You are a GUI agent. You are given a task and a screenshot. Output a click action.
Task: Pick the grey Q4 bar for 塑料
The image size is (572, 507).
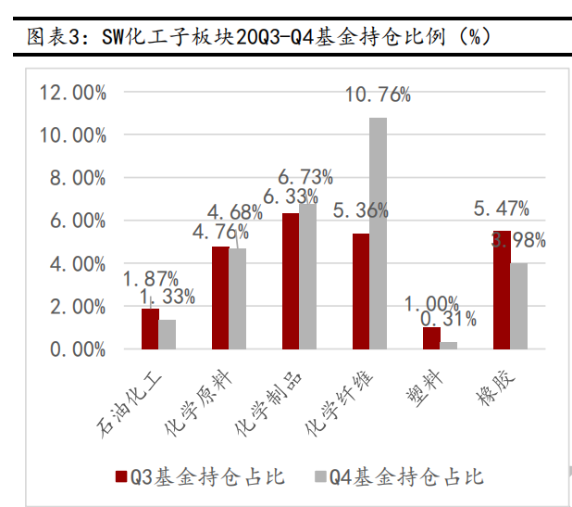[448, 345]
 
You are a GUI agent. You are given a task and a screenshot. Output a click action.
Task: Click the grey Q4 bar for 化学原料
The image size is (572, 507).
[238, 298]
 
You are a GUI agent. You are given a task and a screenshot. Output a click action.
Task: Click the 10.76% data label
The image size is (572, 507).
[377, 94]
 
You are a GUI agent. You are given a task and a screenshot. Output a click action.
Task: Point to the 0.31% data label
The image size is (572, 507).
[448, 320]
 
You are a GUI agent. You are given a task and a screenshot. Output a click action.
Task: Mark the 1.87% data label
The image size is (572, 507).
[150, 278]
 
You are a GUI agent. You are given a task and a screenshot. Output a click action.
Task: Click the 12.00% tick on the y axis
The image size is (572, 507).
[71, 93]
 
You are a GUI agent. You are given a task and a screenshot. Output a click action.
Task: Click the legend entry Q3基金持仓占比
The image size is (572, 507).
[199, 476]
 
